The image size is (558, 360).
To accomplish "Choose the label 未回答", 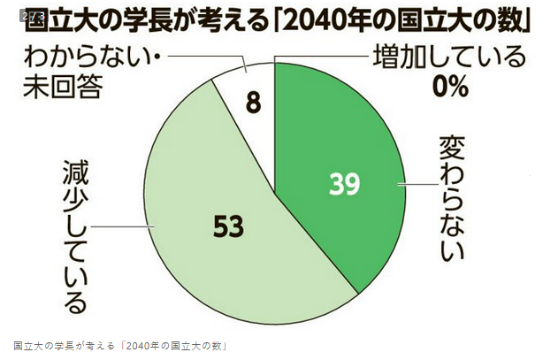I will [x=65, y=89].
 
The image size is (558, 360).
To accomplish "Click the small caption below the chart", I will [x=120, y=345].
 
